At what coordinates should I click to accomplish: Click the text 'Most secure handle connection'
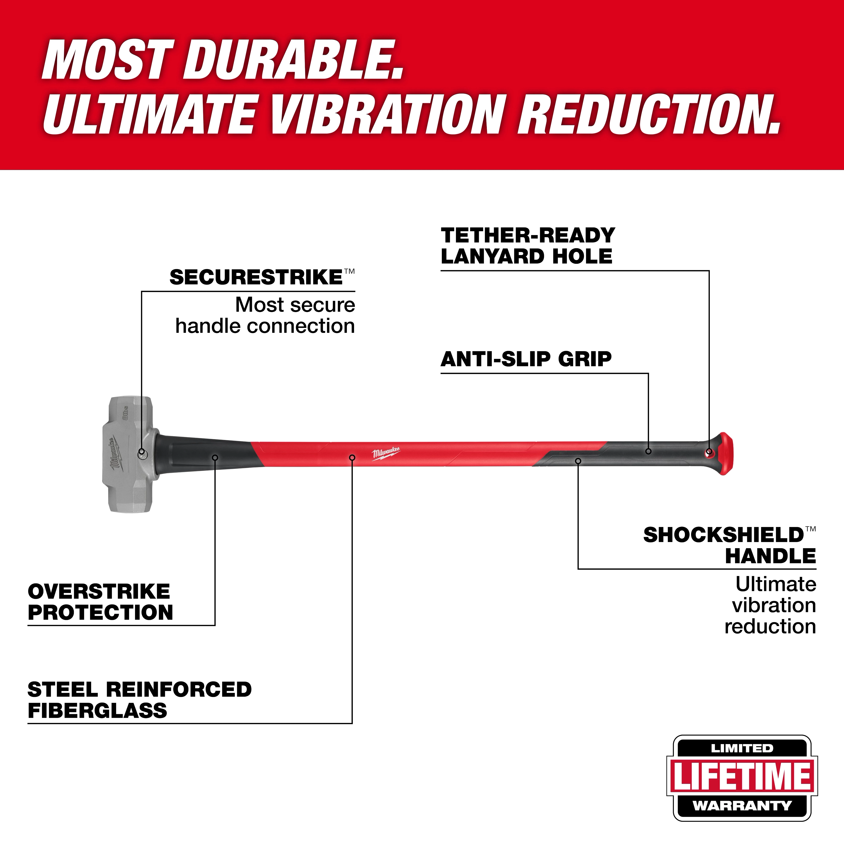pyautogui.click(x=265, y=315)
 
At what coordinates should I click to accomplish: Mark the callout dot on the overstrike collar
pyautogui.click(x=215, y=457)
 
